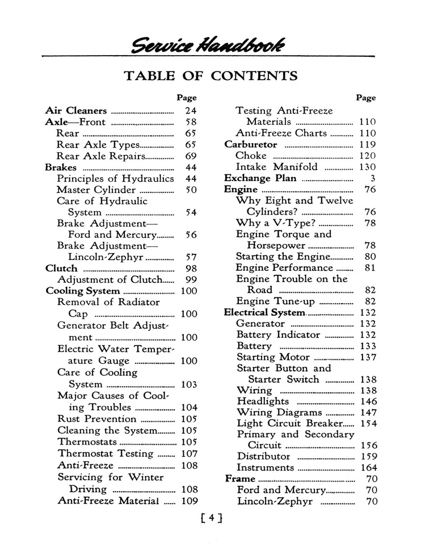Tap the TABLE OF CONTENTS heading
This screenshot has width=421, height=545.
coord(210,76)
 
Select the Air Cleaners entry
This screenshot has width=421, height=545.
coord(75,111)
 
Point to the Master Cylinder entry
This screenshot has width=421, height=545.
coord(96,190)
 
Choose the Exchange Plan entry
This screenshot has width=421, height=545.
coord(259,178)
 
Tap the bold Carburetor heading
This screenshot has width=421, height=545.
coord(250,144)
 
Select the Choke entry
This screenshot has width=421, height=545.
coord(251,156)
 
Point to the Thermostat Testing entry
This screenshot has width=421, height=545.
coord(106,454)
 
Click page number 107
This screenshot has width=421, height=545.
coord(189,454)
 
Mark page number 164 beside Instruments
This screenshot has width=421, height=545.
coord(368,468)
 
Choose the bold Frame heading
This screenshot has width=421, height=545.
coord(240,479)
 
